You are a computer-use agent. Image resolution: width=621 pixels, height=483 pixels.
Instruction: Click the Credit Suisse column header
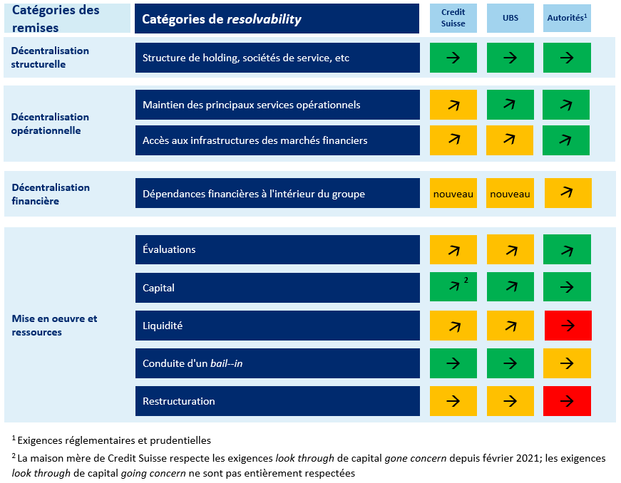[x=453, y=19]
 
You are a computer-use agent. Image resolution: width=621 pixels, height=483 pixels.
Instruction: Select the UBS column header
[x=510, y=19]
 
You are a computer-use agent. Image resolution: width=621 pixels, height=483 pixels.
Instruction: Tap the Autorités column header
[x=567, y=19]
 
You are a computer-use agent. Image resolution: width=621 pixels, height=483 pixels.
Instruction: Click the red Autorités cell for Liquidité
[x=567, y=326]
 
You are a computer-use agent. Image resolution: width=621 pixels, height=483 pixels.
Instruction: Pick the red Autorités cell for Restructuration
[x=567, y=401]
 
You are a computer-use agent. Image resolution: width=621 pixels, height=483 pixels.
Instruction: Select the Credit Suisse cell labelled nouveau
[x=453, y=194]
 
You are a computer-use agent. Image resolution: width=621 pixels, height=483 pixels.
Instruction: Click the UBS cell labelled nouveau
[x=510, y=194]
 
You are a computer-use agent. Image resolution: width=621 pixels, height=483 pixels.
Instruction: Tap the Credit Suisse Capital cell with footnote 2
[x=453, y=288]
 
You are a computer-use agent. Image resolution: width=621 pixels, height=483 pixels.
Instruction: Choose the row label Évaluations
[x=169, y=250]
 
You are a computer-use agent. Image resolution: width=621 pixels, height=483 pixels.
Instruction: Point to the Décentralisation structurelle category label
[x=50, y=58]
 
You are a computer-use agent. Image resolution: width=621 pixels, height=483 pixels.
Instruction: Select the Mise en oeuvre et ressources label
[x=54, y=326]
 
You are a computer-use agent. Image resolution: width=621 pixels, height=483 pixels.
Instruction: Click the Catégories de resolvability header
[x=222, y=19]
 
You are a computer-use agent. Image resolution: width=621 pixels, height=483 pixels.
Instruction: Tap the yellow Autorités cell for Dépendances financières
[x=567, y=193]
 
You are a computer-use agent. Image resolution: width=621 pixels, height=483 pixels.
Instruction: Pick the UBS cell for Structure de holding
[x=510, y=58]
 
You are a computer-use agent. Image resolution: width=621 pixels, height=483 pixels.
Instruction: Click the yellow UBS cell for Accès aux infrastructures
[x=510, y=140]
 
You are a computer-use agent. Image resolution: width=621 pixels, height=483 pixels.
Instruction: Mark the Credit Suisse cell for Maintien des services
[x=453, y=105]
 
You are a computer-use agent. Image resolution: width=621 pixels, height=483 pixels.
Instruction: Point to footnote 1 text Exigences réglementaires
[x=114, y=440]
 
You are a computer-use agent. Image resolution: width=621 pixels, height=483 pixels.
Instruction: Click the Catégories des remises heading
[x=56, y=19]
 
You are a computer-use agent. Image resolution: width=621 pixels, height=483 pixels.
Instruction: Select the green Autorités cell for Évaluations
[x=567, y=250]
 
